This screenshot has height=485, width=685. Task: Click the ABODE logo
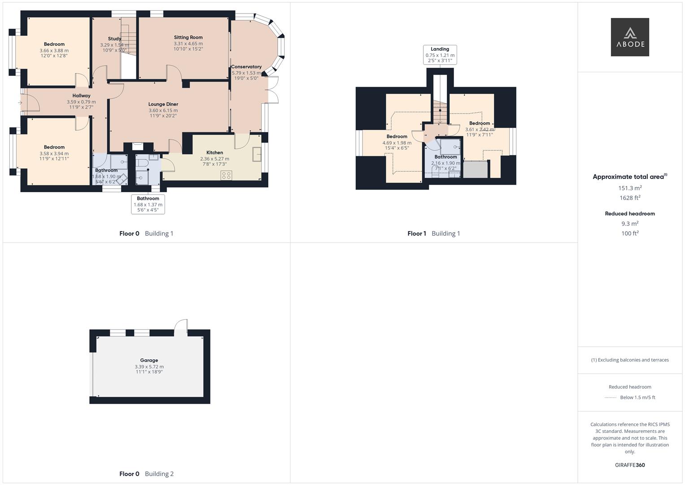pos(629,37)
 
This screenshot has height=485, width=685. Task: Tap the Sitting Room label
pos(188,37)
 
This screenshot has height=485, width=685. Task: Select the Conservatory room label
pos(246,67)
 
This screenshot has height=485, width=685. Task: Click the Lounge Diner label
pos(163,104)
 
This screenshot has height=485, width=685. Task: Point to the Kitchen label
pos(214,153)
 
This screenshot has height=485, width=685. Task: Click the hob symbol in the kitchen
pos(226,175)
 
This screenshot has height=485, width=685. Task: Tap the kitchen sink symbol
pos(257,154)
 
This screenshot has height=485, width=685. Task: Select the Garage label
pos(149,360)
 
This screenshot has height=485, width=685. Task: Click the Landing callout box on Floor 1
pos(440,55)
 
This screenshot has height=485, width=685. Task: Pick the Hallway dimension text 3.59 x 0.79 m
pos(81,102)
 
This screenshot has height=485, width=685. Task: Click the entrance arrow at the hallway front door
pos(20,103)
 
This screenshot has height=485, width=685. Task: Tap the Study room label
pos(114,39)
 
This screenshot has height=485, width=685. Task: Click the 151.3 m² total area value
pos(630,188)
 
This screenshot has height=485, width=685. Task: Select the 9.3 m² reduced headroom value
pos(630,224)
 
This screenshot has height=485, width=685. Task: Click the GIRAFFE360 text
pos(629,465)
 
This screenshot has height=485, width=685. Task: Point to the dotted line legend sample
pos(611,397)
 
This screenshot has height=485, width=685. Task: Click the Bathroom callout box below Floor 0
pos(148,204)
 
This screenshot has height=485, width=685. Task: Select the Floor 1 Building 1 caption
pos(433,234)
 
